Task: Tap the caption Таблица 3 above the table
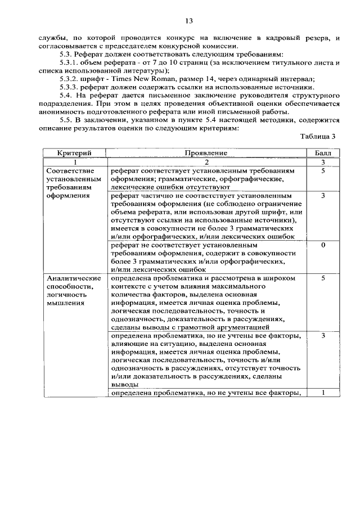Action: click(x=318, y=136)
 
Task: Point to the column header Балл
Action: click(x=323, y=153)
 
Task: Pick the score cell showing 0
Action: click(x=323, y=246)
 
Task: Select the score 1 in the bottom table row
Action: click(x=323, y=393)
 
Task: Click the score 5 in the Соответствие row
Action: click(x=323, y=170)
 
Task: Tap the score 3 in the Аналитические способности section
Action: click(x=323, y=336)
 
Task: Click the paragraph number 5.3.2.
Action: click(x=71, y=79)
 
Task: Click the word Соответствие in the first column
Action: click(x=70, y=170)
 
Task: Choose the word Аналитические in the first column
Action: click(x=74, y=278)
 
